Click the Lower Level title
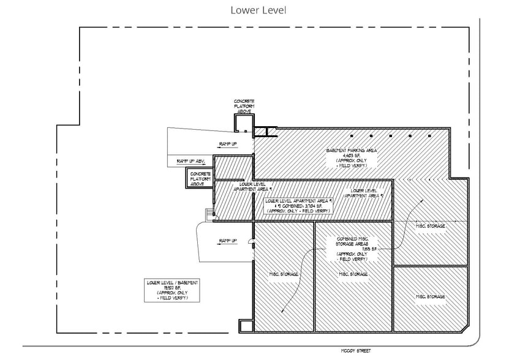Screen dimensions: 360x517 (x=258, y=10)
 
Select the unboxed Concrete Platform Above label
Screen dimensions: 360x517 (x=244, y=106)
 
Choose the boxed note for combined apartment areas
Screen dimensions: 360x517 (x=298, y=206)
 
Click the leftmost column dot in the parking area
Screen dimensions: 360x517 (x=351, y=136)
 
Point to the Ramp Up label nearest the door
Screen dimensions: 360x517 (x=227, y=241)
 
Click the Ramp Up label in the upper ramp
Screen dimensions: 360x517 (x=227, y=143)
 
